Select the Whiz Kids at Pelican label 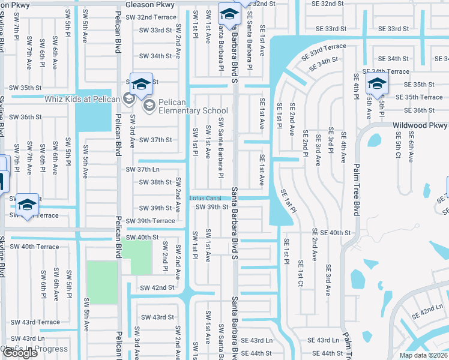[x=82, y=98]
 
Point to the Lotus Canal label [x=205, y=198]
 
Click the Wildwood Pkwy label [x=420, y=126]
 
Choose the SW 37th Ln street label [x=142, y=170]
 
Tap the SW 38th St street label [x=152, y=182]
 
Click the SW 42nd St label [x=157, y=288]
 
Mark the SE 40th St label [x=330, y=232]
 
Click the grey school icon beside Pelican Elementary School [x=149, y=106]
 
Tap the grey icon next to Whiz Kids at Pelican [x=128, y=98]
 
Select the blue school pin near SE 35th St [x=376, y=85]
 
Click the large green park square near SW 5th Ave [x=101, y=281]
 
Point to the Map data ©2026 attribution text [x=423, y=355]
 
